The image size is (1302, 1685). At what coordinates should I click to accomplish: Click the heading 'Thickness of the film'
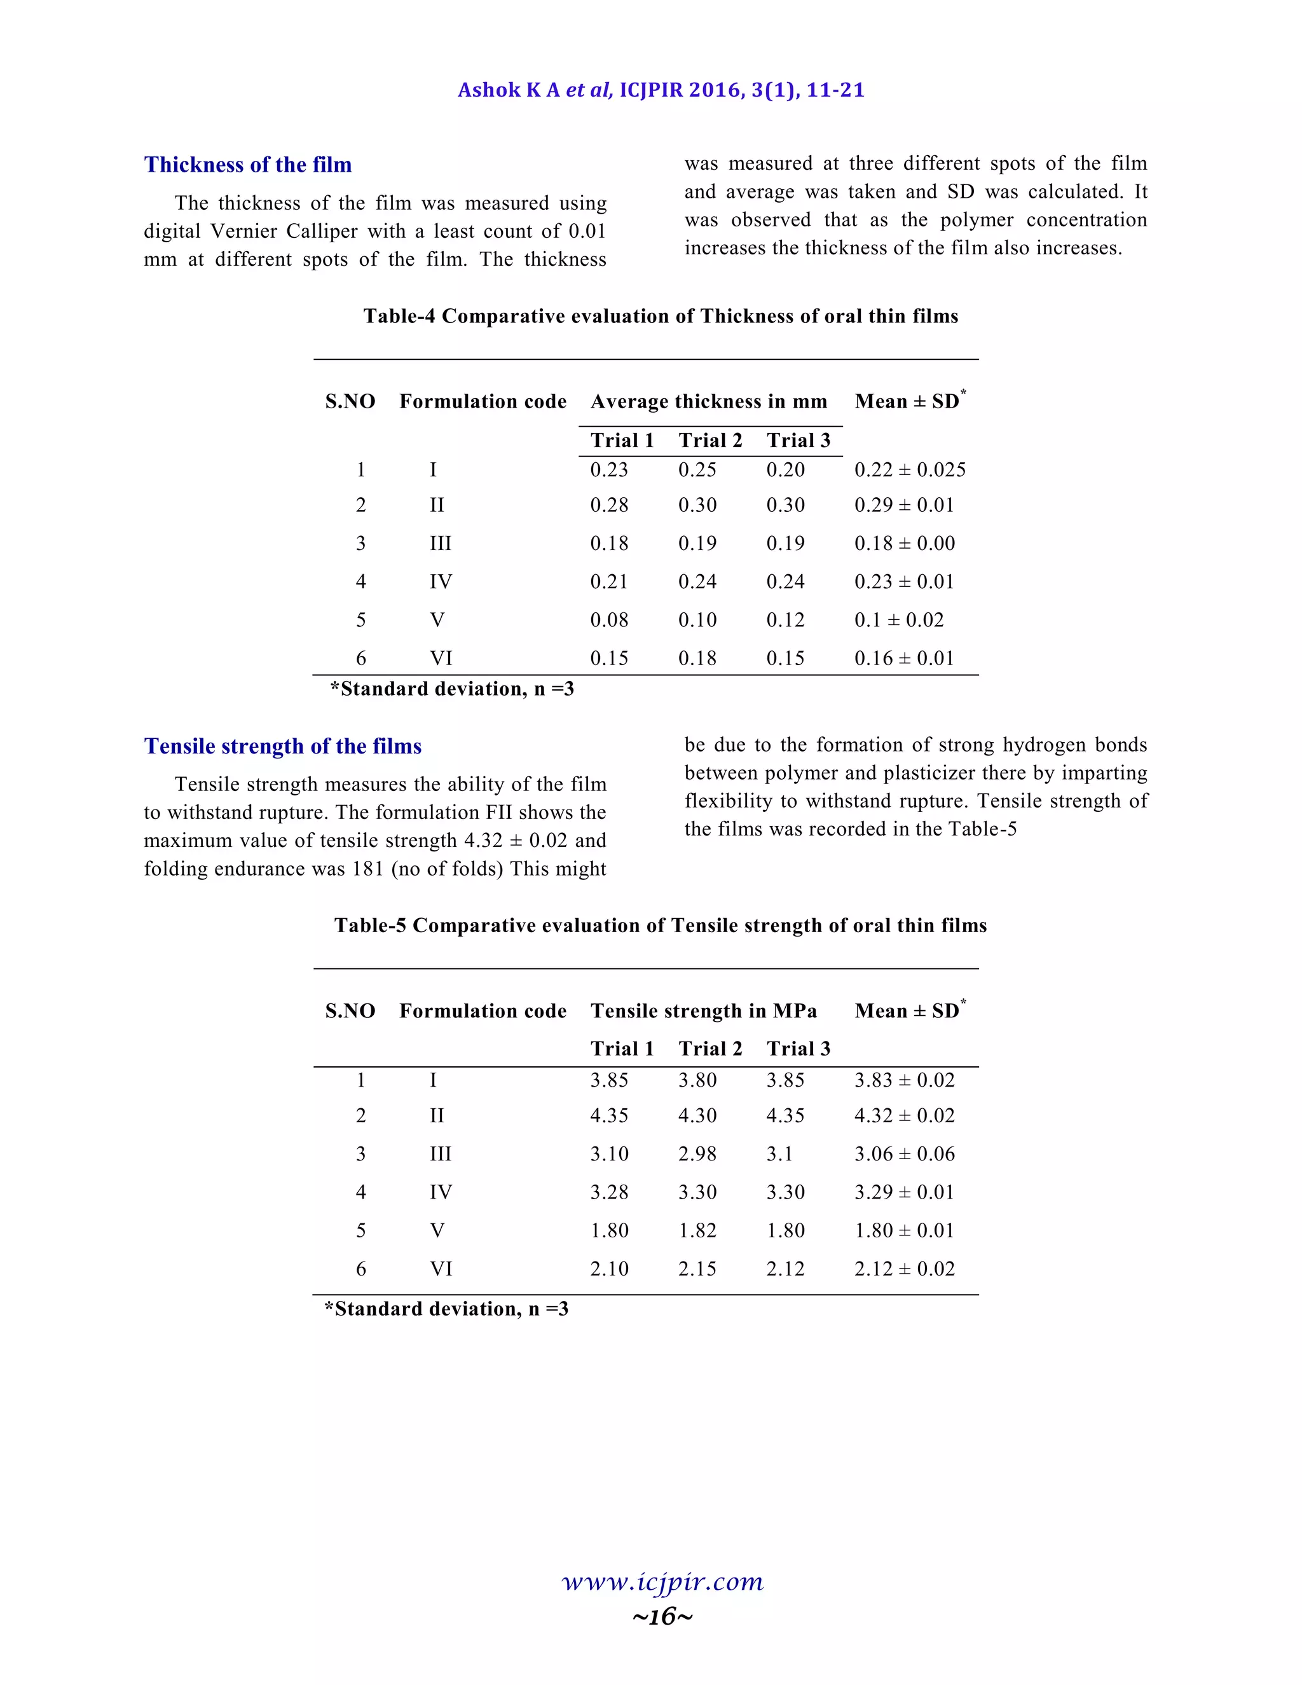pyautogui.click(x=247, y=165)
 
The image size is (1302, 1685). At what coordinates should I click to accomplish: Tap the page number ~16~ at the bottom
pyautogui.click(x=662, y=1616)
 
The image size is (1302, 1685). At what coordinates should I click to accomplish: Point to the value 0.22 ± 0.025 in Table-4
pyautogui.click(x=909, y=470)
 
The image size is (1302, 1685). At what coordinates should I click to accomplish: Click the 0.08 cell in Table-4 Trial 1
pyautogui.click(x=608, y=621)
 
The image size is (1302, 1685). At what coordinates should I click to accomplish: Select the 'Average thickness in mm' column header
pyautogui.click(x=708, y=402)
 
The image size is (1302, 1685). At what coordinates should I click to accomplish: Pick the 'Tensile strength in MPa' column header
pyautogui.click(x=704, y=1012)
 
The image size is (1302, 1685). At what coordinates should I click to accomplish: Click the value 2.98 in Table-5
pyautogui.click(x=697, y=1154)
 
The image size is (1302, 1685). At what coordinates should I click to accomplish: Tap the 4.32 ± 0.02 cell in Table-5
pyautogui.click(x=904, y=1116)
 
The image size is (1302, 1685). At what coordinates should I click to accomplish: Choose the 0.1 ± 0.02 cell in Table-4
pyautogui.click(x=898, y=621)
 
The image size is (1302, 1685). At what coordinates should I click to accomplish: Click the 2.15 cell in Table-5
pyautogui.click(x=697, y=1269)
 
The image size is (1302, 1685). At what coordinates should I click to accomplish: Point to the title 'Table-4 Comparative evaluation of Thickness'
pyautogui.click(x=661, y=316)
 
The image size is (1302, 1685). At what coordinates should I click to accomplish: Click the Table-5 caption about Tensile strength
pyautogui.click(x=661, y=926)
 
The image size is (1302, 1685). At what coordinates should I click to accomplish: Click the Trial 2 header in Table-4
pyautogui.click(x=709, y=441)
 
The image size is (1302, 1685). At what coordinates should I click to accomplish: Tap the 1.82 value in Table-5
pyautogui.click(x=697, y=1230)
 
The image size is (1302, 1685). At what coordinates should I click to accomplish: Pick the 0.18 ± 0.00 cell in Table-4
pyautogui.click(x=904, y=544)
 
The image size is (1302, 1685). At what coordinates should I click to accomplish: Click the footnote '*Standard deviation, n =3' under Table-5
pyautogui.click(x=446, y=1309)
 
